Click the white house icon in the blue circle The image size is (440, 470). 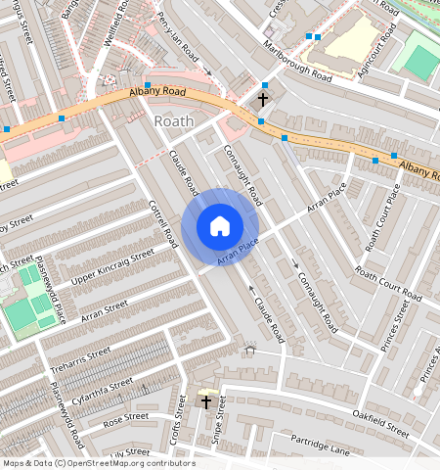click(x=220, y=226)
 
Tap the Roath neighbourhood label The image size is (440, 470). click(x=174, y=120)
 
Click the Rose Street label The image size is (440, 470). click(x=125, y=417)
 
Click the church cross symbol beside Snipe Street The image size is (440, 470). click(x=205, y=401)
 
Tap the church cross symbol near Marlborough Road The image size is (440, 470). click(x=262, y=99)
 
